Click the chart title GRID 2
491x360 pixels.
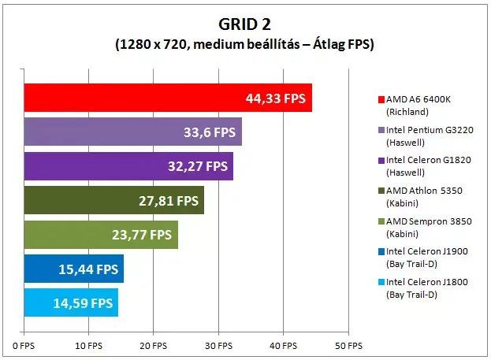click(244, 24)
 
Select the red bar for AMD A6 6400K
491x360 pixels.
click(168, 98)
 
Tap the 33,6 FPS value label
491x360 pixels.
click(210, 132)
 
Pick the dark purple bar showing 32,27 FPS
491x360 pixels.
click(128, 166)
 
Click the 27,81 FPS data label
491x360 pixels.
click(169, 201)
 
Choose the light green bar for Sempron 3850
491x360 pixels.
click(101, 235)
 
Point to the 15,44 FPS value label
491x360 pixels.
click(88, 269)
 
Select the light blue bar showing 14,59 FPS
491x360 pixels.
click(71, 302)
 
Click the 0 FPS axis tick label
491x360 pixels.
click(24, 346)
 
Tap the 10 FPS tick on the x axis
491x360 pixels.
click(88, 346)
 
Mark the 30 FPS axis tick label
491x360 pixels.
click(218, 346)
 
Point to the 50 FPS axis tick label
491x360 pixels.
click(348, 346)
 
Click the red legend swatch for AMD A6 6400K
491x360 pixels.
click(381, 99)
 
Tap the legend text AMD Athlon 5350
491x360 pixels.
click(424, 191)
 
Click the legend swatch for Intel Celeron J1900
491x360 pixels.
click(381, 252)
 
